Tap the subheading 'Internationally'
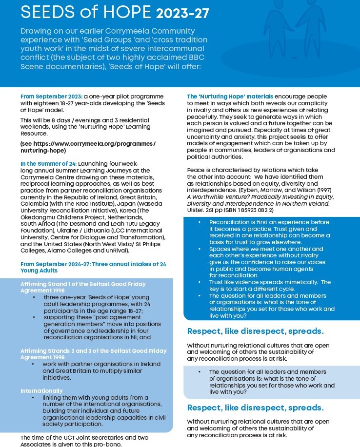click(x=41, y=390)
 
